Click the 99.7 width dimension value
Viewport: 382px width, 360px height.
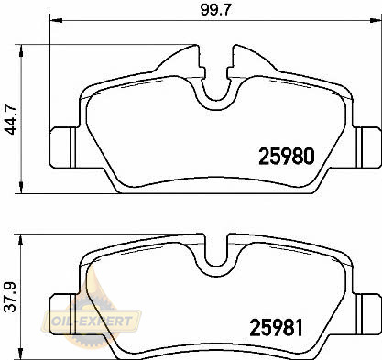point(216,10)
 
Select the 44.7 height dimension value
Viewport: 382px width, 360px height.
point(12,119)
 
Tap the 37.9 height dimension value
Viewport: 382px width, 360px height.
point(11,297)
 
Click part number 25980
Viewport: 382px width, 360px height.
point(287,156)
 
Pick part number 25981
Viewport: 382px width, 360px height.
point(277,328)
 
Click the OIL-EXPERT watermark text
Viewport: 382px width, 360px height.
point(92,321)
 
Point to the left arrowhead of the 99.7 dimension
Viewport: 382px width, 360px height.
point(56,21)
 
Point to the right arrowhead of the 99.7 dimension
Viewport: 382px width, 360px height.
point(376,21)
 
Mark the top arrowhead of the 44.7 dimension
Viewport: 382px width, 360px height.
point(21,51)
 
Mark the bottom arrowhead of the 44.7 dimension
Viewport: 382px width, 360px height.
point(21,187)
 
